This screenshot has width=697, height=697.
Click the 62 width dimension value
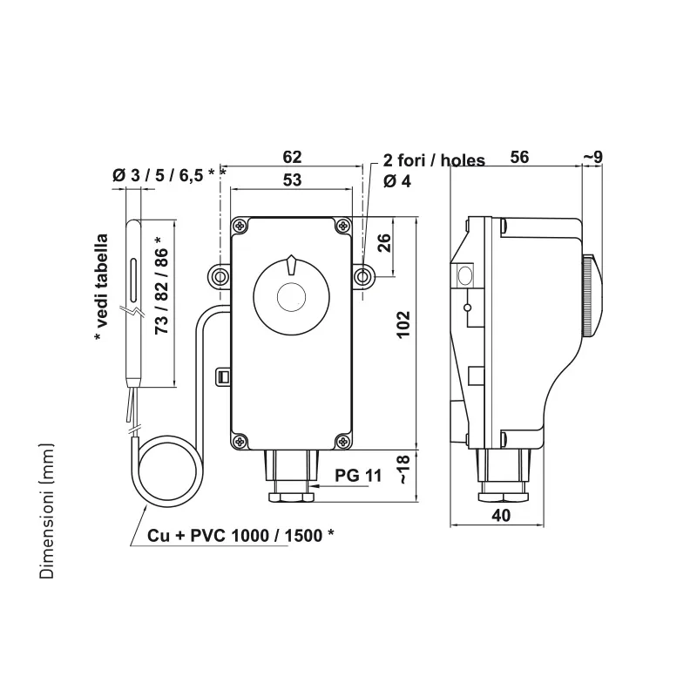tap(292, 157)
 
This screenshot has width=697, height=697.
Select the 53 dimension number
tap(292, 180)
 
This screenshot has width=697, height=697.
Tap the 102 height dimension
tap(403, 325)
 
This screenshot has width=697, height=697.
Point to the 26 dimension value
tap(384, 243)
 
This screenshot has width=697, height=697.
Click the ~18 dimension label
tap(403, 470)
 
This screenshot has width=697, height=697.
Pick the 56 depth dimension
tap(519, 157)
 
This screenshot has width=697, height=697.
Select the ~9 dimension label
tap(592, 157)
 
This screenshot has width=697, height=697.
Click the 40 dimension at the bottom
tap(501, 515)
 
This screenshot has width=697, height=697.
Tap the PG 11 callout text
tap(358, 476)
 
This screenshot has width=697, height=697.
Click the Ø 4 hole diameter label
tap(397, 181)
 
